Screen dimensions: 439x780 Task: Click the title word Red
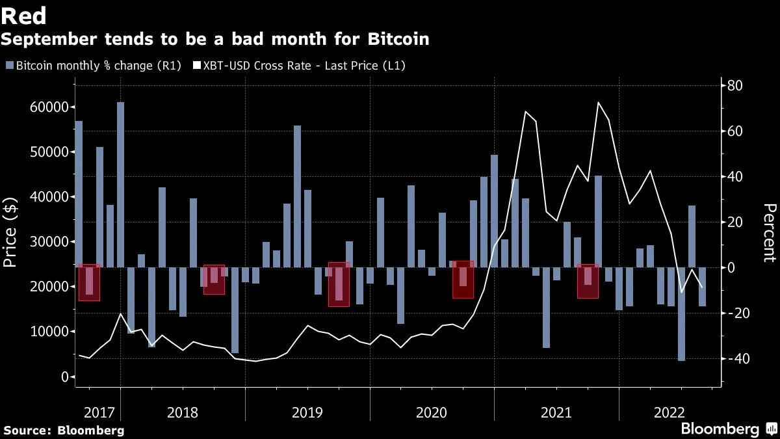[23, 16]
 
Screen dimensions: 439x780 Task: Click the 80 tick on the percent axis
[734, 86]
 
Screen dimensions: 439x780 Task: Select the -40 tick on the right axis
[734, 359]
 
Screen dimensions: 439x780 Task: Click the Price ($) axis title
[10, 223]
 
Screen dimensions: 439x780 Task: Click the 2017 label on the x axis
[98, 412]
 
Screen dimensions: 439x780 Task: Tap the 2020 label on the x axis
[432, 412]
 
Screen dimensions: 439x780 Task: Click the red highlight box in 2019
[339, 284]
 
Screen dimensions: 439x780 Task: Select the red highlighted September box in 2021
[588, 281]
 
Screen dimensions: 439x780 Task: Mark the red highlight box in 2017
[89, 282]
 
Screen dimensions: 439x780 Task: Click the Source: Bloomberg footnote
[63, 430]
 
